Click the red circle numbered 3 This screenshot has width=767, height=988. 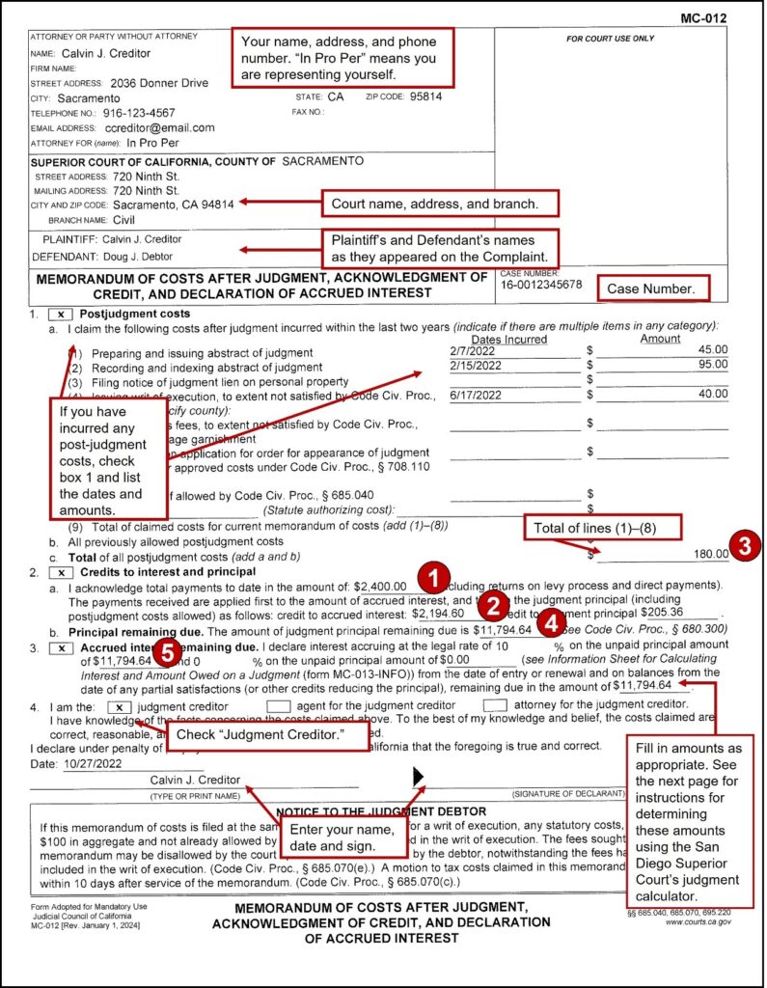[743, 545]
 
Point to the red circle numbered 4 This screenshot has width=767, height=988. [547, 621]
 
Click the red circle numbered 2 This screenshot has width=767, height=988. [493, 605]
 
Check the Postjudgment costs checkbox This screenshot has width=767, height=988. [61, 315]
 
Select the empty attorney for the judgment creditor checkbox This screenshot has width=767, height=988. [495, 706]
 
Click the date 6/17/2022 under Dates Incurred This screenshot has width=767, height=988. [476, 395]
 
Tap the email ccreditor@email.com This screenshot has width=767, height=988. [159, 127]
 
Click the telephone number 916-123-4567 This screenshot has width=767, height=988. [139, 113]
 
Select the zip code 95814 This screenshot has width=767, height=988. [425, 97]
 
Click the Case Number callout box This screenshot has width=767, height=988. [652, 288]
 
